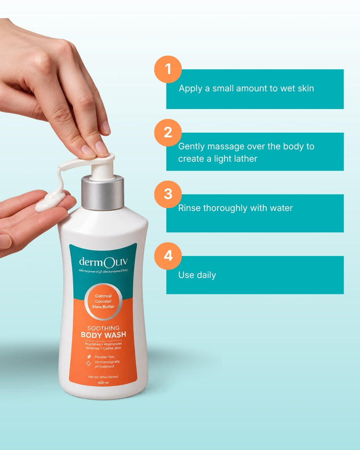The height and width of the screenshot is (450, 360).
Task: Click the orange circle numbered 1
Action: [x=168, y=69]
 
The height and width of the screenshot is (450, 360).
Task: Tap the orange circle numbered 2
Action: [x=168, y=133]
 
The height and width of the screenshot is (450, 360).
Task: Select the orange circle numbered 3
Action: [x=168, y=194]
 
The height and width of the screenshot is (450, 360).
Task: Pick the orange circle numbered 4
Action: [x=168, y=256]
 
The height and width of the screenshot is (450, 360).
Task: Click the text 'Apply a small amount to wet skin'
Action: [x=246, y=89]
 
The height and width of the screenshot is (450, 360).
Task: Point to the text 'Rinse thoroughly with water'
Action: [x=236, y=208]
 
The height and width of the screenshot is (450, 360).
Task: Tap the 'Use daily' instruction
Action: [x=197, y=275]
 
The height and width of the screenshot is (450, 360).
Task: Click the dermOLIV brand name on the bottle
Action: [x=103, y=262]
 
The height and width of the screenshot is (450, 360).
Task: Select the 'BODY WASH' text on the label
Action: [x=103, y=335]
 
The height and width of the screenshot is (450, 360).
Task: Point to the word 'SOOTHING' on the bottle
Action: [x=103, y=328]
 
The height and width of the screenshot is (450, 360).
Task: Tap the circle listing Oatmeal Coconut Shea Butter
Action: [x=103, y=301]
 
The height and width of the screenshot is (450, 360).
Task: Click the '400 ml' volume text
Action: [x=103, y=383]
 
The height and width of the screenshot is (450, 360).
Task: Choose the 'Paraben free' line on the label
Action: [x=105, y=357]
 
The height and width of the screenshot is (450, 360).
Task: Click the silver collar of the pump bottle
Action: [x=103, y=192]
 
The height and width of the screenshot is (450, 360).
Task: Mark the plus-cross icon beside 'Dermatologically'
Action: [x=89, y=363]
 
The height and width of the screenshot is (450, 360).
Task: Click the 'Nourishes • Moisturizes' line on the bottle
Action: [x=103, y=344]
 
